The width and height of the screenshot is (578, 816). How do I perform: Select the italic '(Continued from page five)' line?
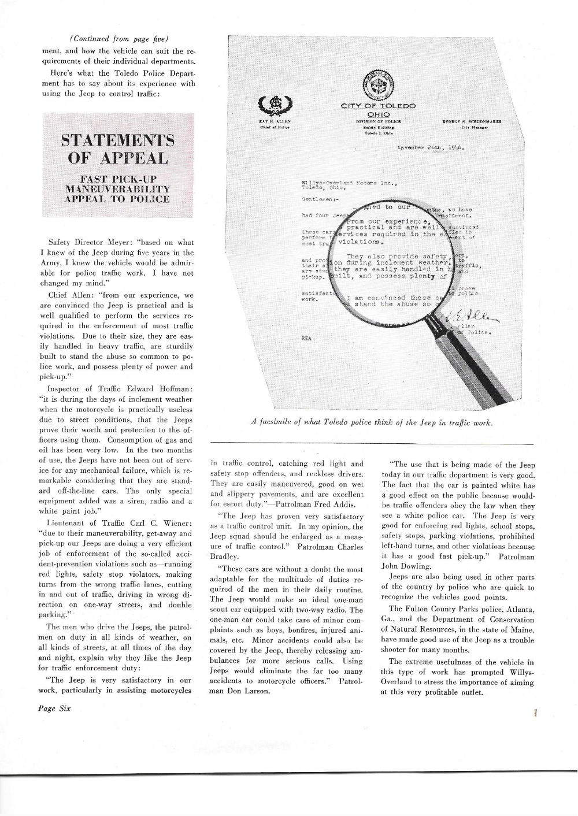(118, 39)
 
